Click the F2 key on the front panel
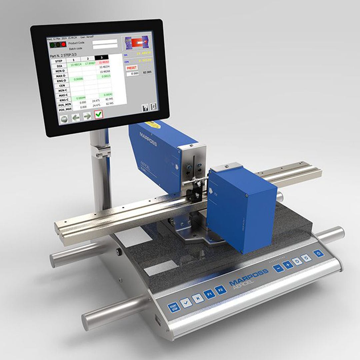(220, 290)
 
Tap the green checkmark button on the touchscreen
(99, 114)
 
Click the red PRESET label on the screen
(132, 68)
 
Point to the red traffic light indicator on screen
(63, 44)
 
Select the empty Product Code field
(105, 42)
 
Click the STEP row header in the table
(58, 61)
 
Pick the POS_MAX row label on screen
(65, 109)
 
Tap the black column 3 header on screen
(102, 58)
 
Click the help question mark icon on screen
(145, 107)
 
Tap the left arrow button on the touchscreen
(76, 117)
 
